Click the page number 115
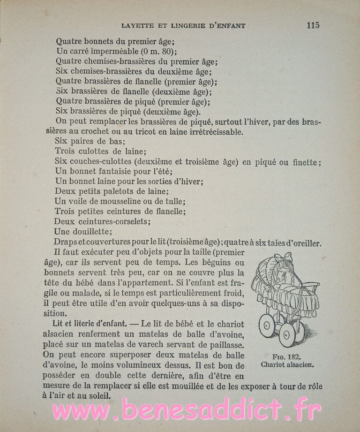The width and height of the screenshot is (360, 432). (x=313, y=25)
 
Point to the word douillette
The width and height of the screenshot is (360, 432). (x=92, y=232)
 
